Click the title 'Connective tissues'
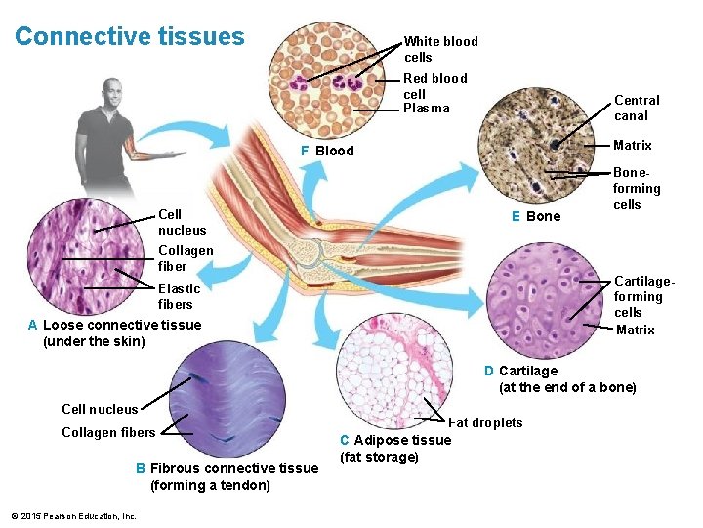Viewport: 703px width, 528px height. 129,37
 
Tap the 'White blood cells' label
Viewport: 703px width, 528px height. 440,49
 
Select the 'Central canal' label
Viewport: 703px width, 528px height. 637,108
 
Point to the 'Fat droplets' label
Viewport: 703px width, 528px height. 484,422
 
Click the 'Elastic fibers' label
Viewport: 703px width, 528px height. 179,296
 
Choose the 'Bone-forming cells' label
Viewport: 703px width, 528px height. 636,189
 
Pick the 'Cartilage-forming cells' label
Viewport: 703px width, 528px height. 638,296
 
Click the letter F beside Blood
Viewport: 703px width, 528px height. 305,152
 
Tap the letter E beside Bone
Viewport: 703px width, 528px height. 516,216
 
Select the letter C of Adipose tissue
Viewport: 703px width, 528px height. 344,440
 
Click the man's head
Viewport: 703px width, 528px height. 113,95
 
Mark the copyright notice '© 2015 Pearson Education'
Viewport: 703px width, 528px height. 73,516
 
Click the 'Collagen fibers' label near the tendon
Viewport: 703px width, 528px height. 108,433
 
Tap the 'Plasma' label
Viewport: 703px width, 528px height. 426,109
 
